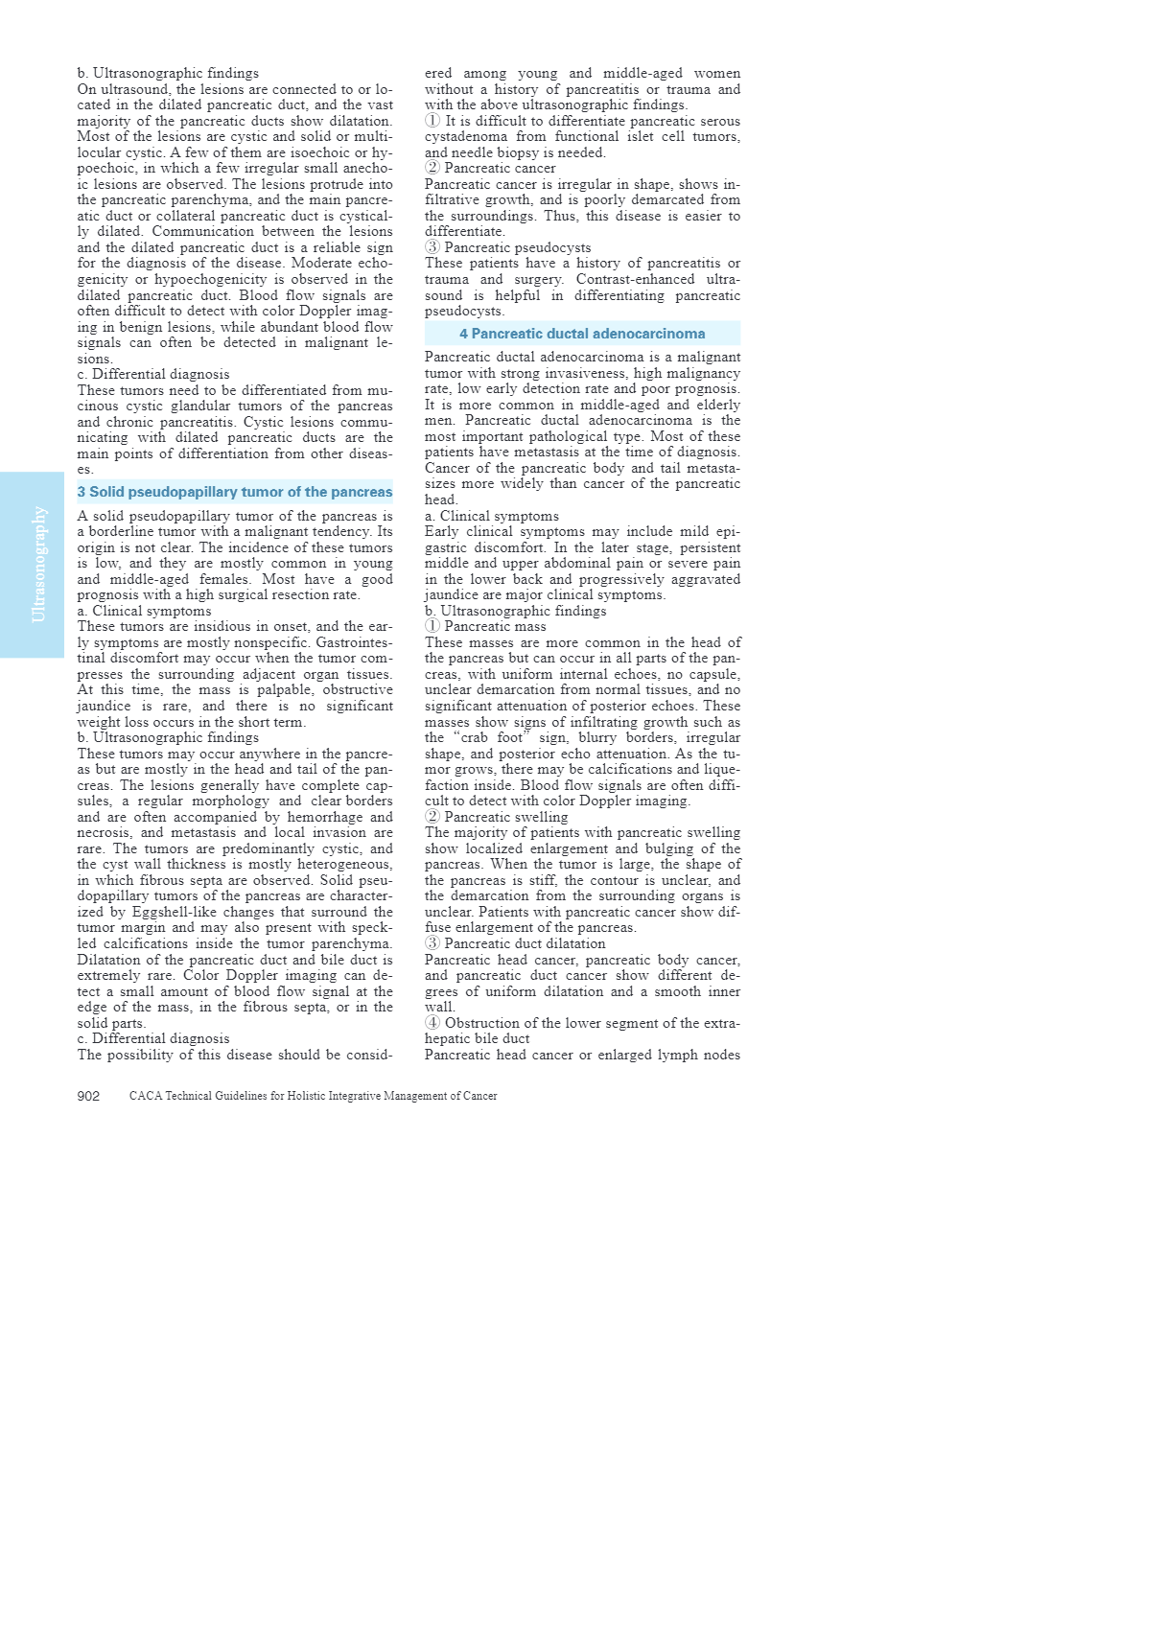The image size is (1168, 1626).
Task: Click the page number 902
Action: point(88,1096)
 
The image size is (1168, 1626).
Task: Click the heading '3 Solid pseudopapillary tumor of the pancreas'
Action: point(235,492)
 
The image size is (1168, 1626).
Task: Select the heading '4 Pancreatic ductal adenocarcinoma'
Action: point(582,334)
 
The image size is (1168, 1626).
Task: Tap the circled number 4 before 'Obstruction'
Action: point(432,1023)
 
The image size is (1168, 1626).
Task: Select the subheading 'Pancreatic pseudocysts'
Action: point(518,247)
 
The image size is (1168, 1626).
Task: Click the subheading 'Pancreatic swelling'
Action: point(506,817)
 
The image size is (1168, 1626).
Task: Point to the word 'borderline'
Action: point(117,531)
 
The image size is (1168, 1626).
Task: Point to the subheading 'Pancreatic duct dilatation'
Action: point(525,943)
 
